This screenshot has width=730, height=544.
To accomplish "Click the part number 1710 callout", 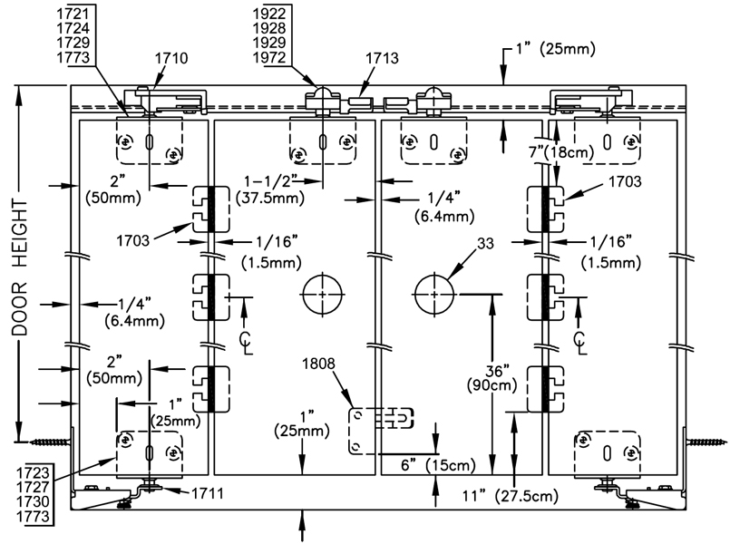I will click(x=171, y=58).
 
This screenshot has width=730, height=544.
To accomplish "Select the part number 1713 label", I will click(x=382, y=58).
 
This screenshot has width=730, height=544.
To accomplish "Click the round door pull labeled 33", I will click(x=435, y=294).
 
